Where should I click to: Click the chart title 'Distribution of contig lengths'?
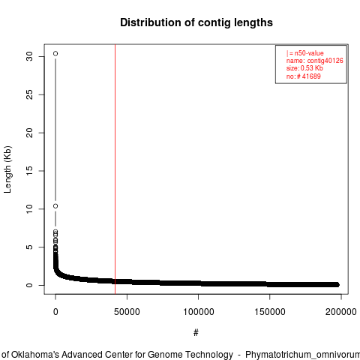[196, 22]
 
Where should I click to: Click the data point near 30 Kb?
[55, 53]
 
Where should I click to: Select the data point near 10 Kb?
[55, 206]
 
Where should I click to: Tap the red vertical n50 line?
[115, 169]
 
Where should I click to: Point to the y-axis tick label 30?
[29, 56]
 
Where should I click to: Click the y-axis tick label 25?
[29, 94]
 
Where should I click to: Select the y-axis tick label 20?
[29, 133]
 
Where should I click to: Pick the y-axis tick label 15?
[29, 171]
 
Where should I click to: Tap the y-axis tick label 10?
[29, 209]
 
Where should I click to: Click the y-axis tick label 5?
[29, 247]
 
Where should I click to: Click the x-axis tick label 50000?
[127, 312]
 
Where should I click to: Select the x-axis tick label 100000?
[199, 312]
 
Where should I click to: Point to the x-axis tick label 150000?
[270, 312]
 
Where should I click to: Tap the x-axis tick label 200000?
[341, 312]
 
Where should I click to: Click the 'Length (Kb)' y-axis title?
[7, 169]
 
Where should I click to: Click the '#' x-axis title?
[196, 333]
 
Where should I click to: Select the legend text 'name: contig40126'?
[315, 61]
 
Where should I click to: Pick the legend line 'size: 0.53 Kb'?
[304, 68]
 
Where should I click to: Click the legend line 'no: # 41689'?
[303, 76]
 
